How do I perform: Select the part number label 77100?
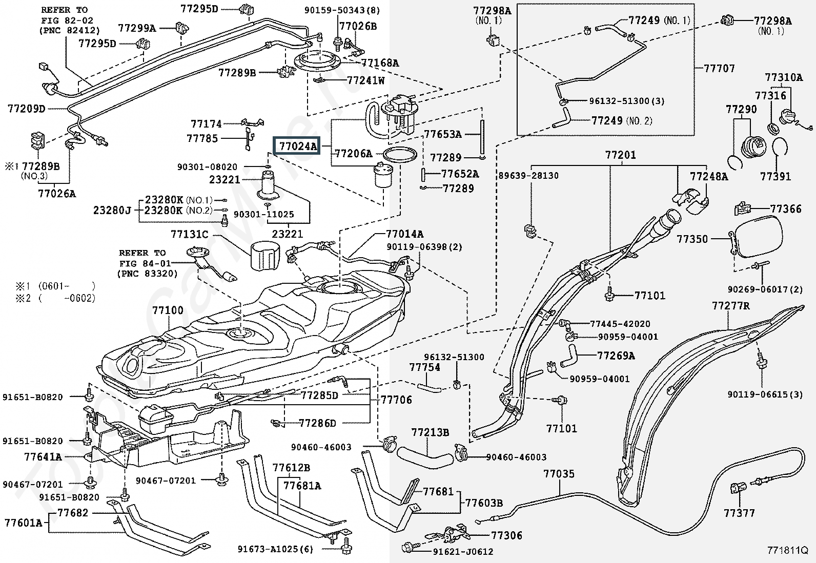(x=168, y=310)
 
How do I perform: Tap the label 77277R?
(x=730, y=306)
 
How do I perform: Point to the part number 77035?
(x=559, y=474)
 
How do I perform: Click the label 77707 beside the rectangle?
(x=720, y=68)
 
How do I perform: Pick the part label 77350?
(x=692, y=239)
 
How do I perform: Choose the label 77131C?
(x=190, y=234)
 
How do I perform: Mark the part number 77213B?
(x=430, y=433)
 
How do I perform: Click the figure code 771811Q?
(x=787, y=551)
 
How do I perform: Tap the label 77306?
(x=506, y=535)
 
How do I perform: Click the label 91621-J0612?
(x=463, y=552)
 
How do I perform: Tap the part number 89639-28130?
(x=528, y=176)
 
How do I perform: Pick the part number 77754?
(x=424, y=367)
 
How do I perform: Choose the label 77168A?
(x=380, y=63)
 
